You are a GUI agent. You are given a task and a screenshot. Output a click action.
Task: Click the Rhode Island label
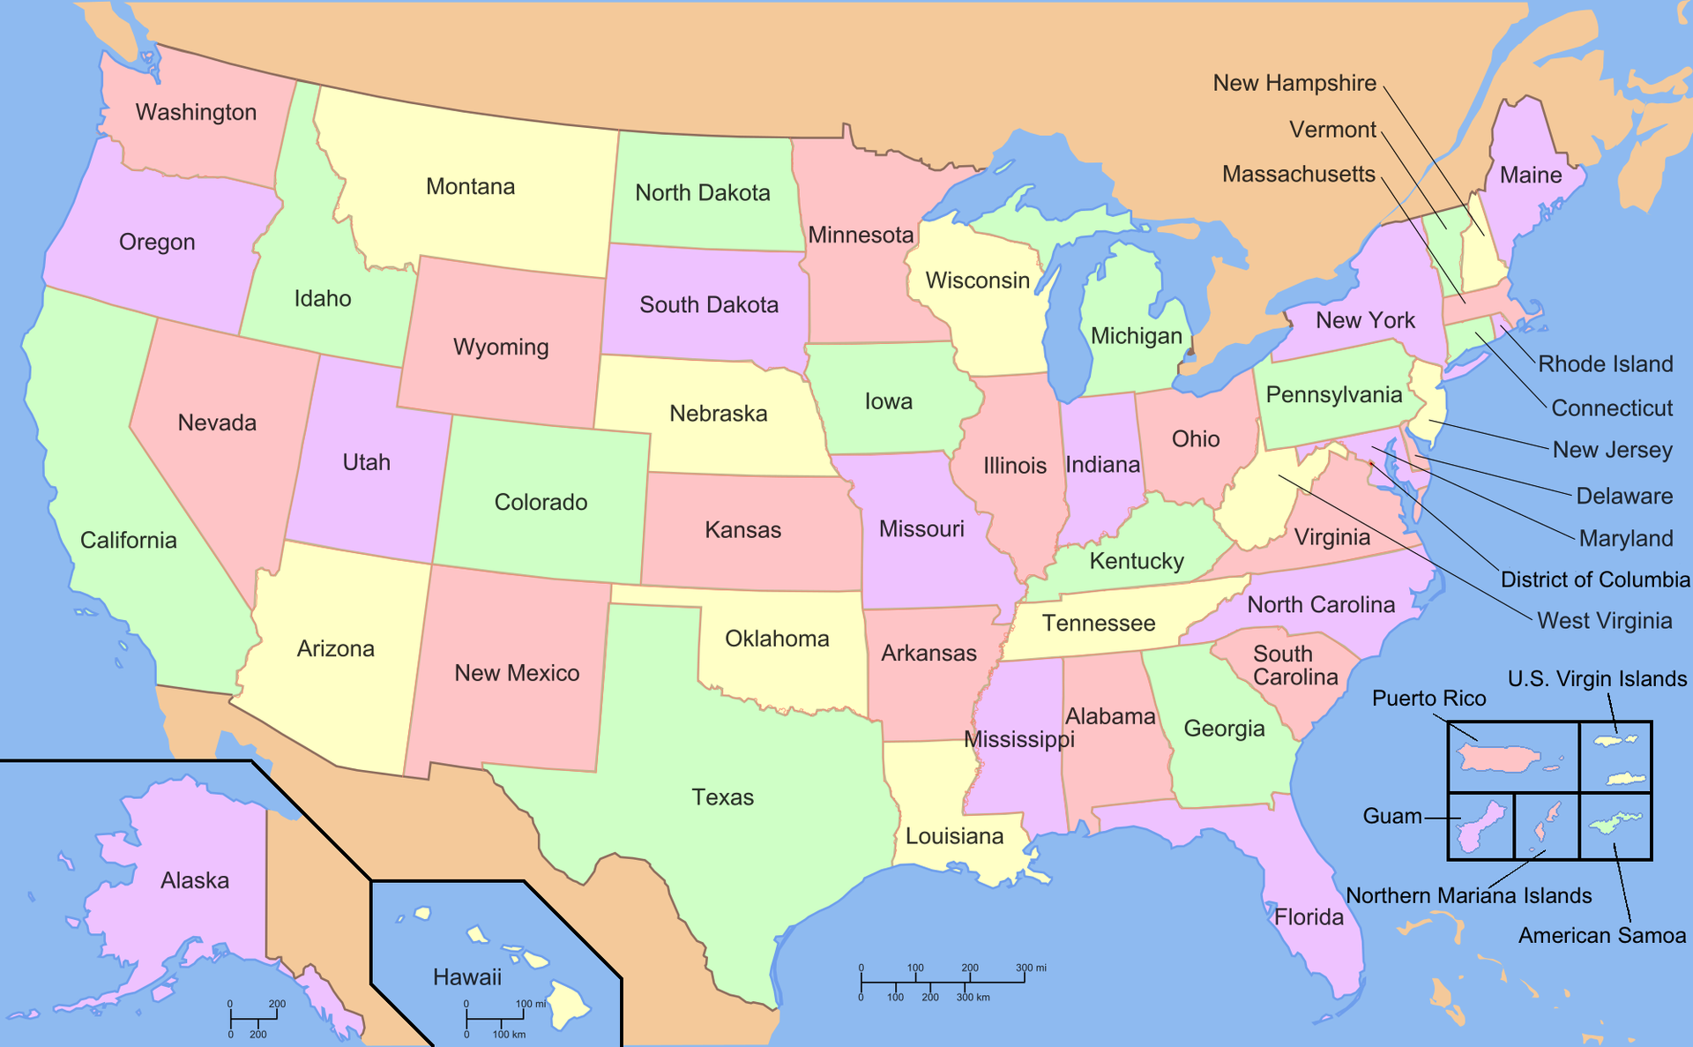tap(1605, 364)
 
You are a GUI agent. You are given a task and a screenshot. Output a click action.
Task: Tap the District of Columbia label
tap(1594, 580)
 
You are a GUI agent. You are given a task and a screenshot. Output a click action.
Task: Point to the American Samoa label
tap(1601, 936)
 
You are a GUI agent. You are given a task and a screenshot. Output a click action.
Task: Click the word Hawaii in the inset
tap(466, 977)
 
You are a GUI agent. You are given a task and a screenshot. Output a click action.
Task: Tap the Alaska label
tap(195, 880)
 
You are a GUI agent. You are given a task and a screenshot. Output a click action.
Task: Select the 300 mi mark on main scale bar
tap(1030, 968)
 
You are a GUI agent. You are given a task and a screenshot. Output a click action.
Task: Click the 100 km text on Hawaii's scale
tap(509, 1034)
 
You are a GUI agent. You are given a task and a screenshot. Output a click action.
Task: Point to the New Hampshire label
tap(1294, 83)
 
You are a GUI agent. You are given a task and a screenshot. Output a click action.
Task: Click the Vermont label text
tap(1331, 130)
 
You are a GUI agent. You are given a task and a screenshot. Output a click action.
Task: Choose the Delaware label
tap(1623, 496)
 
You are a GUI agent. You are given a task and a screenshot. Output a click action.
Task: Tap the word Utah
tap(366, 462)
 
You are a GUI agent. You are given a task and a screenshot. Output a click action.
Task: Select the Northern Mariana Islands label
tap(1468, 896)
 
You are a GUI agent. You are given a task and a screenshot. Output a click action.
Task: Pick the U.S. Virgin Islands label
tap(1596, 679)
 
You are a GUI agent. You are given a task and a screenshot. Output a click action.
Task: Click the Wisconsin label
tap(977, 280)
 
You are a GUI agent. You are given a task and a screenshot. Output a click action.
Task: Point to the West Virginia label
tap(1604, 621)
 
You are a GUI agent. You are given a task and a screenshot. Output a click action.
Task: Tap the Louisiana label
tap(954, 836)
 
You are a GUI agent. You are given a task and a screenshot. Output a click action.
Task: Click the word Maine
tap(1530, 175)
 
